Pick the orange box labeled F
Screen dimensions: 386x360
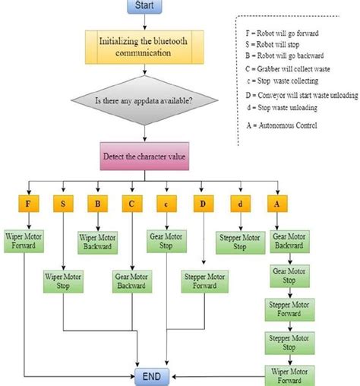tap(27, 203)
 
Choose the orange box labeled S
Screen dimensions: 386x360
tap(62, 203)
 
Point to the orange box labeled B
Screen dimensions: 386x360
tap(97, 203)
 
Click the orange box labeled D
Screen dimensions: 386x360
tap(201, 203)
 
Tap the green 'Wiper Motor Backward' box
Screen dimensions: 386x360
tap(97, 242)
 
